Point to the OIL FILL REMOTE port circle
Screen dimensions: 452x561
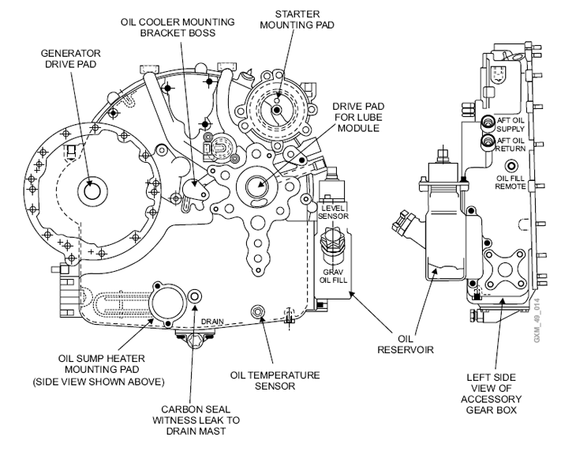pos(512,165)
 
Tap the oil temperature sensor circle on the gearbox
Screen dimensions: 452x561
pos(257,312)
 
